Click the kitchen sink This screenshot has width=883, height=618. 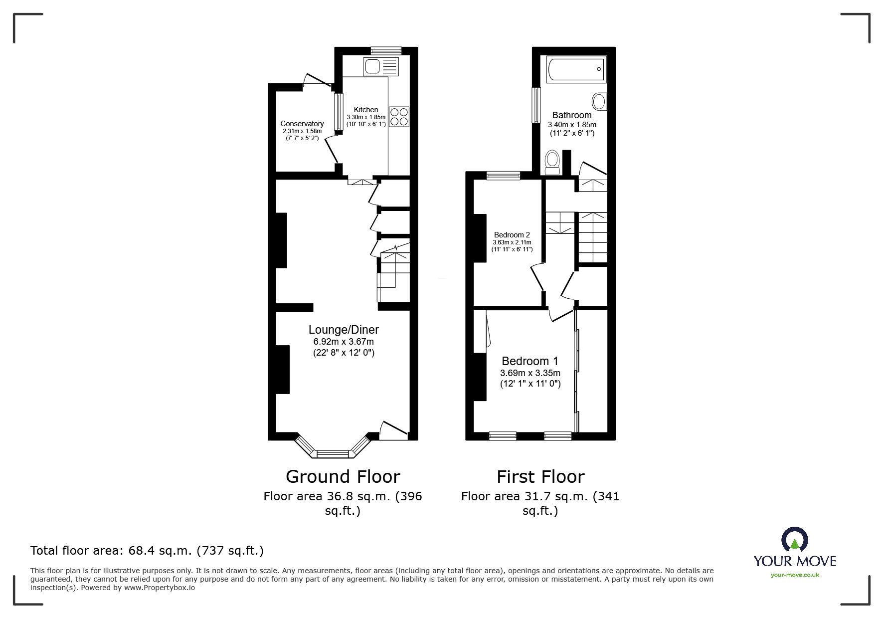[381, 66]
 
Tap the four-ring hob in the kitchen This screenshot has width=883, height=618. [399, 117]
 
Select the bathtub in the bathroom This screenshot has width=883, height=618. [577, 69]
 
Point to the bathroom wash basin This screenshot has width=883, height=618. [599, 101]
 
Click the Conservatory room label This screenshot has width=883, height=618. [302, 124]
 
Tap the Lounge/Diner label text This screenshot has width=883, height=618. [344, 330]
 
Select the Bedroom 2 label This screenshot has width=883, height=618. [512, 234]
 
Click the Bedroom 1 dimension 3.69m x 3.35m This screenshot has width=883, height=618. [530, 373]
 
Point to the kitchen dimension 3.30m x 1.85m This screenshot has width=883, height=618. [366, 117]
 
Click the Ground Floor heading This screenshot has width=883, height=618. [343, 477]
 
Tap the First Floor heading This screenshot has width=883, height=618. [540, 477]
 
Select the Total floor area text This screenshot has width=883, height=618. [147, 551]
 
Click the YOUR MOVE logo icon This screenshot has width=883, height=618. [794, 540]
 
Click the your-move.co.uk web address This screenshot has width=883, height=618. [795, 575]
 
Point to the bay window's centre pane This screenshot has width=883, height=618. [333, 453]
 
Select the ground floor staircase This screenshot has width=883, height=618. [394, 277]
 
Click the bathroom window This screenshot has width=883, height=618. [536, 105]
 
